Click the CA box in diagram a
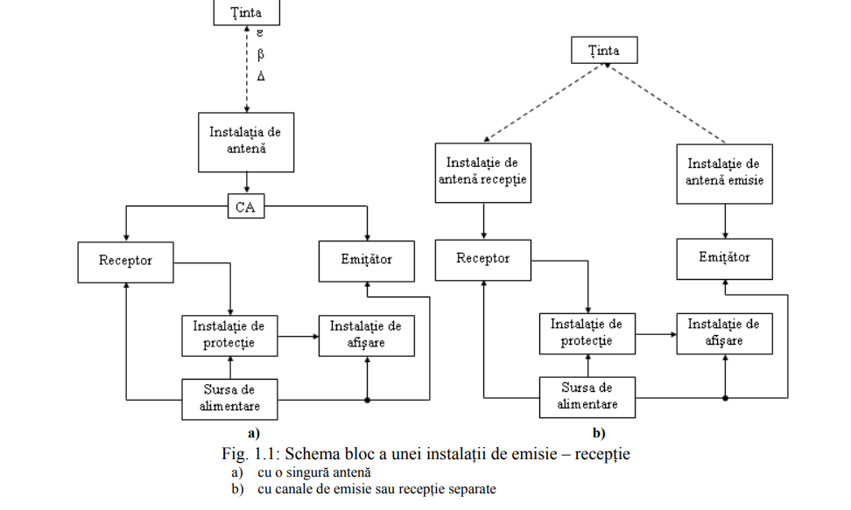point(246,207)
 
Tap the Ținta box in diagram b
point(604,51)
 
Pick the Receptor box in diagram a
point(125,260)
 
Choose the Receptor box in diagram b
point(483,258)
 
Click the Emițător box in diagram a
point(366,259)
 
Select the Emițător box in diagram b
point(724,257)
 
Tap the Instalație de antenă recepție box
point(483,171)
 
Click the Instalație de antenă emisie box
point(724,172)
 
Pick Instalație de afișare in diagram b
point(724,332)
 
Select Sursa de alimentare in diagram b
point(587,396)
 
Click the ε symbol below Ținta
point(260,34)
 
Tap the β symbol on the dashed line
point(260,54)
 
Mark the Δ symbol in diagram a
point(260,76)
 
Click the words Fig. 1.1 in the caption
point(249,454)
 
